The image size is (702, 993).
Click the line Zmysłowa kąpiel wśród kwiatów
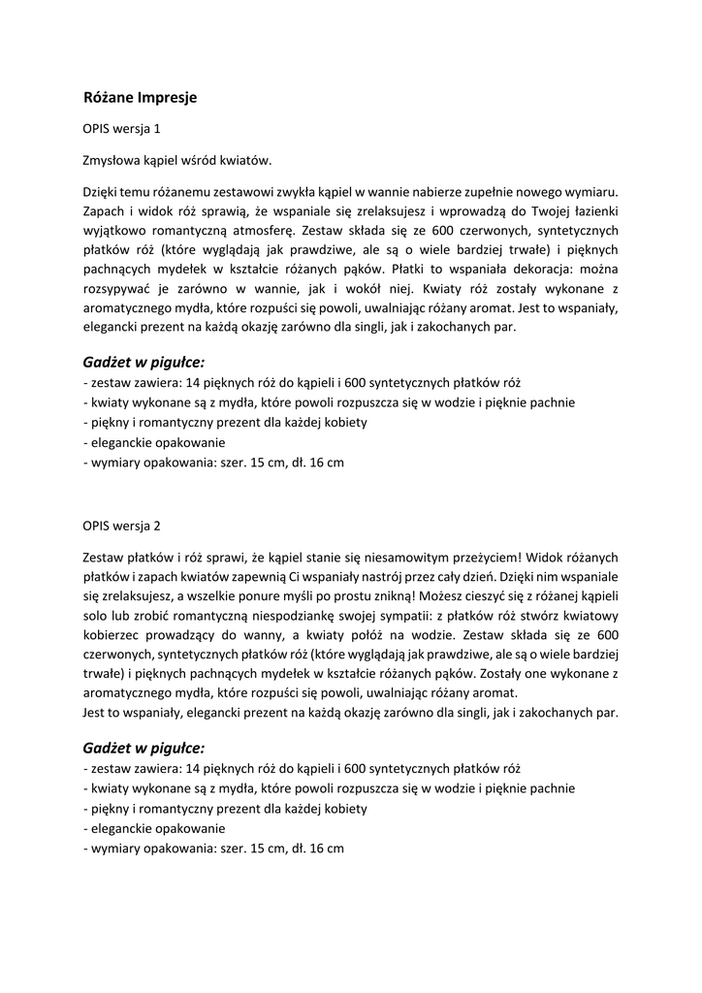click(x=177, y=160)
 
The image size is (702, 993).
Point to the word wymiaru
click(x=590, y=192)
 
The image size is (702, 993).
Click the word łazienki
click(x=589, y=211)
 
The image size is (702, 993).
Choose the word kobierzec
click(x=115, y=635)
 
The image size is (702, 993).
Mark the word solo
click(x=98, y=616)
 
